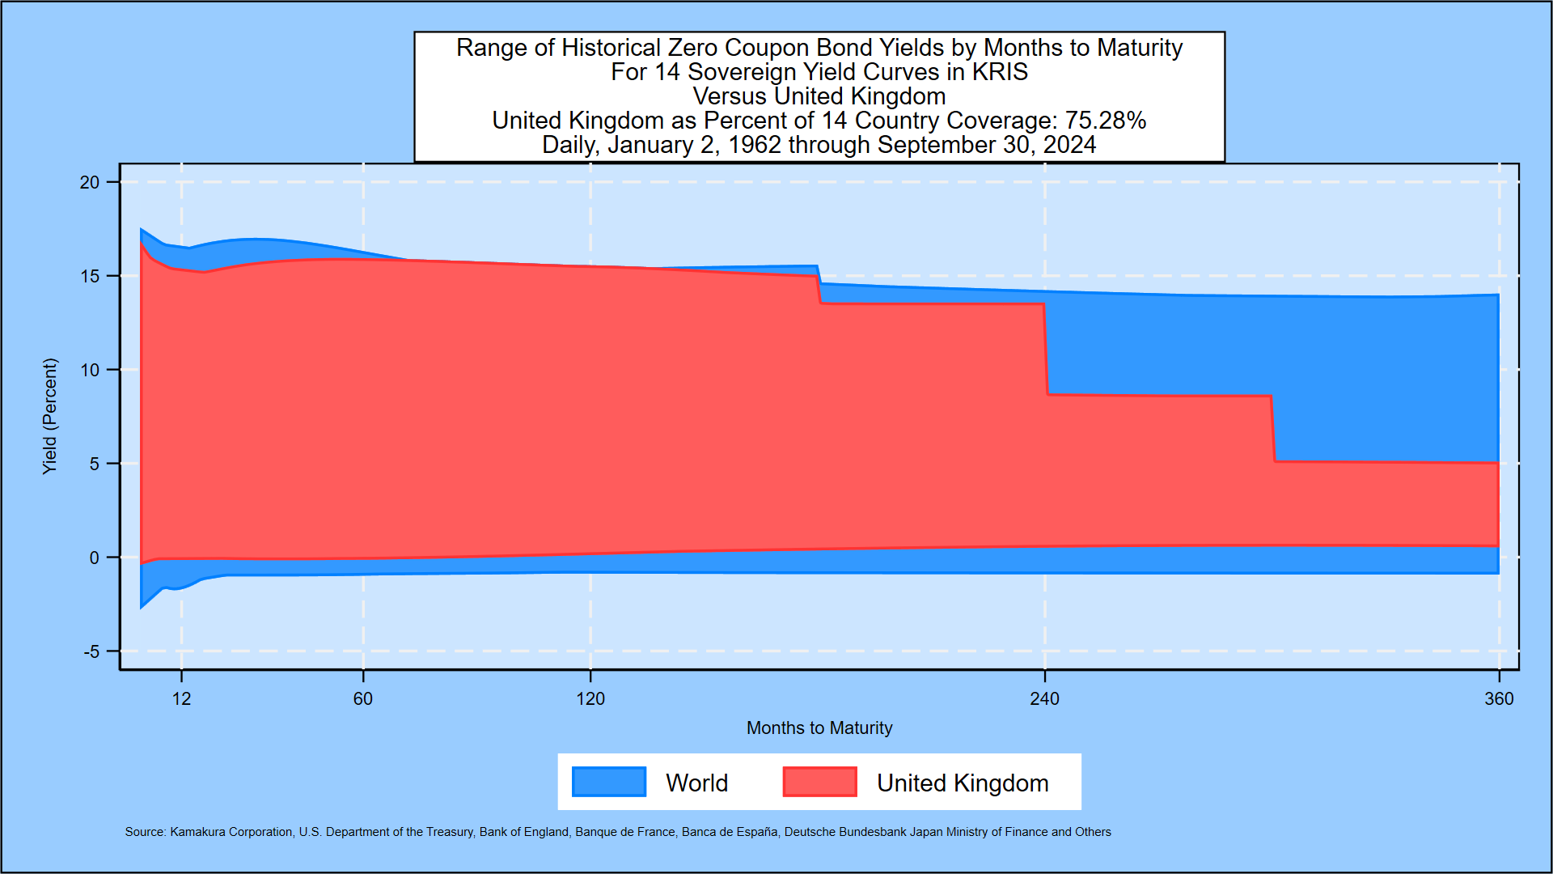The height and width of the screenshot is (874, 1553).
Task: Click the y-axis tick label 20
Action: click(89, 183)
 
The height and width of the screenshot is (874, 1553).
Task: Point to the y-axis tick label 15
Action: click(89, 277)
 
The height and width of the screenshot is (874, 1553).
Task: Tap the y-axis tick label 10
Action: click(89, 371)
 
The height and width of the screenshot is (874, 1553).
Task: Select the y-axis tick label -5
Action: click(91, 652)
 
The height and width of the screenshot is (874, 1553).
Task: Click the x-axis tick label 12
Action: click(181, 699)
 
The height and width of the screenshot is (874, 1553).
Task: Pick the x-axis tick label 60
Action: click(363, 699)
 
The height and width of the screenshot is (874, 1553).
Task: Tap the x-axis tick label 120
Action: click(590, 699)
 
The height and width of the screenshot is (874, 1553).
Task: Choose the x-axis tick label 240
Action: click(1044, 699)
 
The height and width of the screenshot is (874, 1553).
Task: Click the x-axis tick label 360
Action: click(1499, 699)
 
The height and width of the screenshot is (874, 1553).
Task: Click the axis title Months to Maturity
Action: click(819, 728)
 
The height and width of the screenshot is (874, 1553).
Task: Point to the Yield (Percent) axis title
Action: click(50, 416)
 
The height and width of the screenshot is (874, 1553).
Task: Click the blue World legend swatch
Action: click(609, 782)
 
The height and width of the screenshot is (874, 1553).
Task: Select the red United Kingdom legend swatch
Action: click(819, 782)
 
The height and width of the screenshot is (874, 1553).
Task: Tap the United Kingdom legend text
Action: click(963, 783)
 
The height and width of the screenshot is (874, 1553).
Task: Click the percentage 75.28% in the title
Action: click(1106, 121)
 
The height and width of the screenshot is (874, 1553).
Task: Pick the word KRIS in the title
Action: click(1000, 72)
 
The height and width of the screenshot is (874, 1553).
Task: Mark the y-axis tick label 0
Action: click(95, 558)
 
